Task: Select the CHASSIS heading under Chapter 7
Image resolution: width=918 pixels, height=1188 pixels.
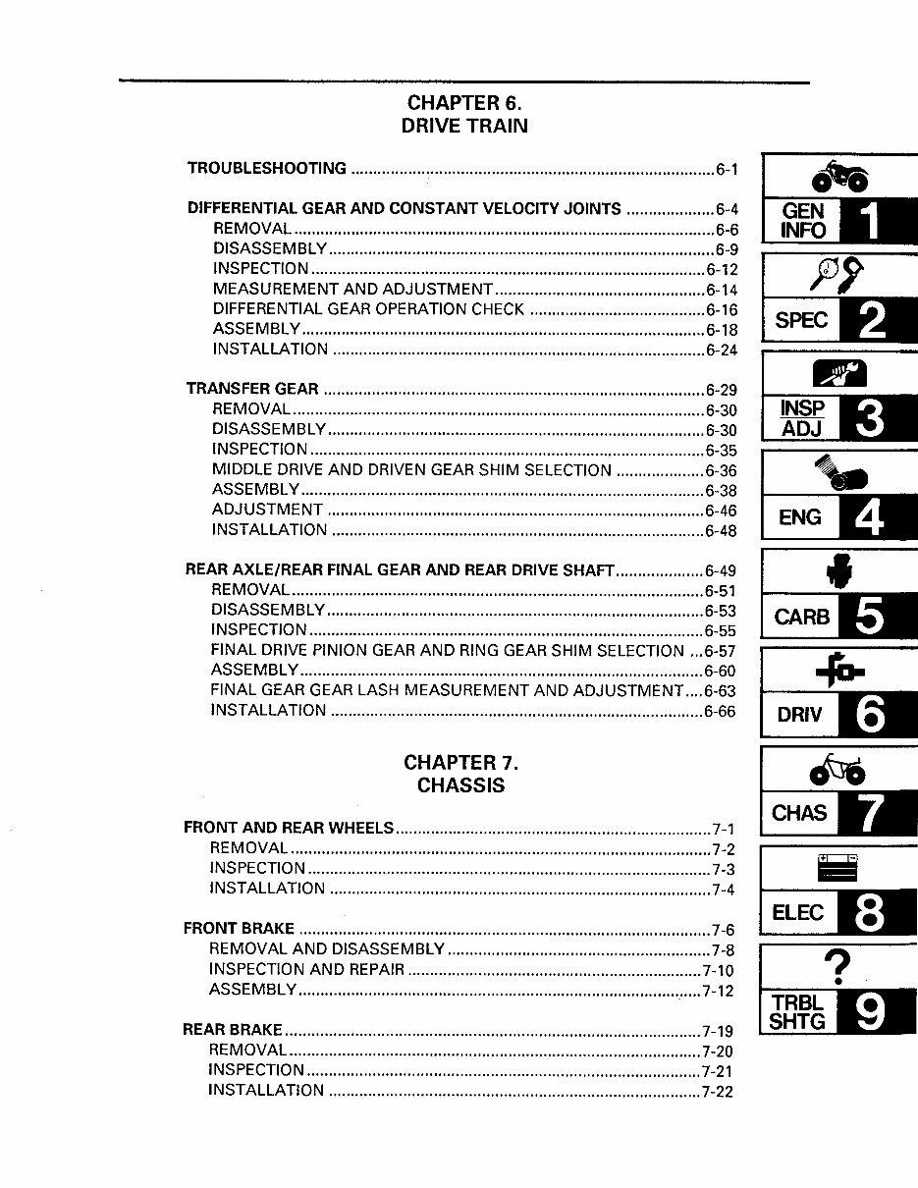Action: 460,785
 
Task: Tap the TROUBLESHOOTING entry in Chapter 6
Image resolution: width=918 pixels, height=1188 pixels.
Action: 267,168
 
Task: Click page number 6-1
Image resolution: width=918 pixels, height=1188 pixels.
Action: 727,170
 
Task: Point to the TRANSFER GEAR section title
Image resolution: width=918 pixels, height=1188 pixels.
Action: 252,389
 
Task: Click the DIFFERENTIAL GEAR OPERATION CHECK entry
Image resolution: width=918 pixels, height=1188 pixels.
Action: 368,309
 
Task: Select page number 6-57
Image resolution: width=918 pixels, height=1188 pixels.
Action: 720,652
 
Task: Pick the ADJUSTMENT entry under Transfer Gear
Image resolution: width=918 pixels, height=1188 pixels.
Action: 267,510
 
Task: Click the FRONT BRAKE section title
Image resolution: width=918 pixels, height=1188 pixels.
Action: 239,928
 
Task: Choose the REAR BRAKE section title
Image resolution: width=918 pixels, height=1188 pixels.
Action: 233,1030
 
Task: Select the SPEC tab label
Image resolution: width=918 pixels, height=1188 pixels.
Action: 801,320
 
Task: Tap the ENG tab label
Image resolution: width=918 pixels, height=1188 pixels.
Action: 799,517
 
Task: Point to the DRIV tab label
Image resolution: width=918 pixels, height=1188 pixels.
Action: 799,715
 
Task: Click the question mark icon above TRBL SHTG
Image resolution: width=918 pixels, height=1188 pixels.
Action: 837,968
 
